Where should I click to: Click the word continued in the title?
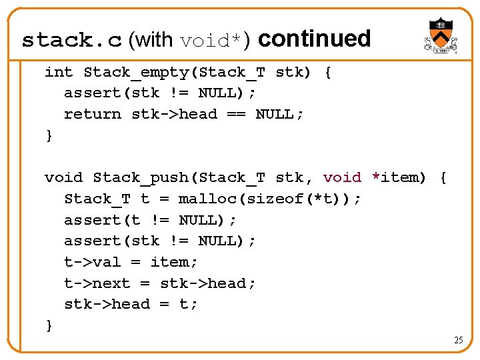pyautogui.click(x=314, y=39)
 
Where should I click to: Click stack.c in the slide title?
pyautogui.click(x=72, y=41)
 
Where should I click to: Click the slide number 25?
pyautogui.click(x=459, y=340)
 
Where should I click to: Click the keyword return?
pyautogui.click(x=93, y=114)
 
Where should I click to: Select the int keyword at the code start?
pyautogui.click(x=59, y=72)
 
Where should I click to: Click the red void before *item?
pyautogui.click(x=342, y=177)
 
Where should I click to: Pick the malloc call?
pyautogui.click(x=202, y=199)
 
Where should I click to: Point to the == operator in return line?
pyautogui.click(x=236, y=114)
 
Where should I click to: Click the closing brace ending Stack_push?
pyautogui.click(x=49, y=325)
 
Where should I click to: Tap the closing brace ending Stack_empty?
pyautogui.click(x=49, y=135)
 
